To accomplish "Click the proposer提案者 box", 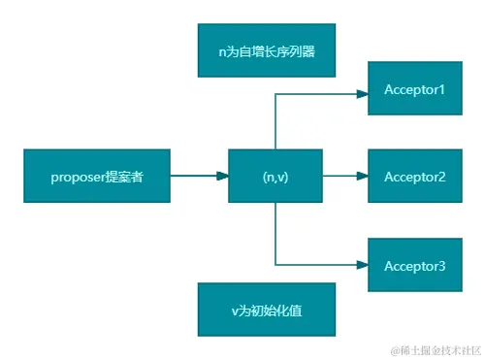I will [x=97, y=177].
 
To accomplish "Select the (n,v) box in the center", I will [x=275, y=177].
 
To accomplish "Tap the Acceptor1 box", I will [x=414, y=90].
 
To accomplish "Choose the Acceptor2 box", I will [x=414, y=177].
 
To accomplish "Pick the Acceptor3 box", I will [x=414, y=264].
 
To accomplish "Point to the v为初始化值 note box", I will [x=267, y=311].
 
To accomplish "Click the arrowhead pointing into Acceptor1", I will [x=362, y=94].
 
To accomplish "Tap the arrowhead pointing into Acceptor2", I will [x=362, y=177].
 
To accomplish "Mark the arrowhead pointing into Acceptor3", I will [x=362, y=264].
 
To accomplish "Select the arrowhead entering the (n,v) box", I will [x=222, y=177].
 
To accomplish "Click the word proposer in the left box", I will [x=77, y=178].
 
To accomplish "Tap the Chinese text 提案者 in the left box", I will [x=124, y=177].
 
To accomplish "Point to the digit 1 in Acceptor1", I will [x=442, y=90].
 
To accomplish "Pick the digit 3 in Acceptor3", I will [x=442, y=264].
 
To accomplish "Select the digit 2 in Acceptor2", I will [x=442, y=177].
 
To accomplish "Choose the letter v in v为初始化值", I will [x=234, y=311].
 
